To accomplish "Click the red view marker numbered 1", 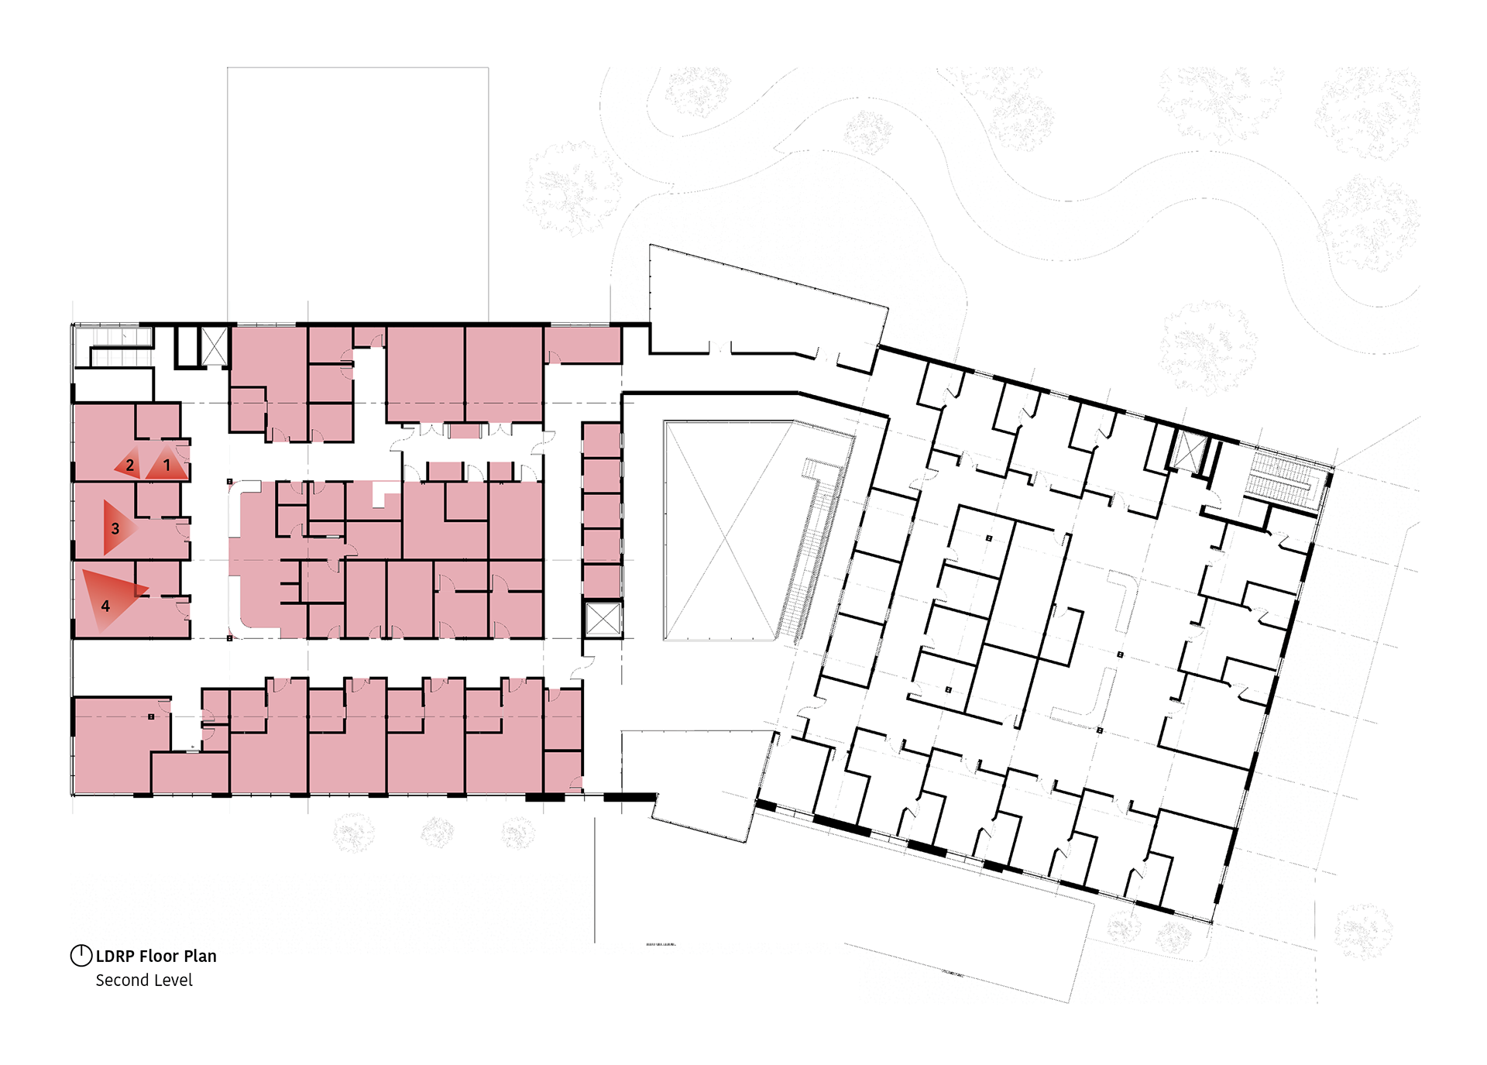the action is click(167, 465).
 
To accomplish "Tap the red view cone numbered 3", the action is click(116, 528).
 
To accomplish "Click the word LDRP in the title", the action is click(115, 957).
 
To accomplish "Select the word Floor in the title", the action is click(159, 957).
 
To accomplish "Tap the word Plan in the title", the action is click(200, 957).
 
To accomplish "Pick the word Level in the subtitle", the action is click(173, 981).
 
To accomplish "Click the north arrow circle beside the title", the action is click(81, 956).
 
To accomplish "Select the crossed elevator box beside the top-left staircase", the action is click(215, 346).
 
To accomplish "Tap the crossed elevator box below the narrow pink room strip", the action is click(603, 619).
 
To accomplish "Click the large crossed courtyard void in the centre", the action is click(724, 531).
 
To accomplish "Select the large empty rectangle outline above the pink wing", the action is click(358, 194).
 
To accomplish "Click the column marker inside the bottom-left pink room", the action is click(151, 717).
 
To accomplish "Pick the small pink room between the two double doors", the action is click(465, 431).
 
